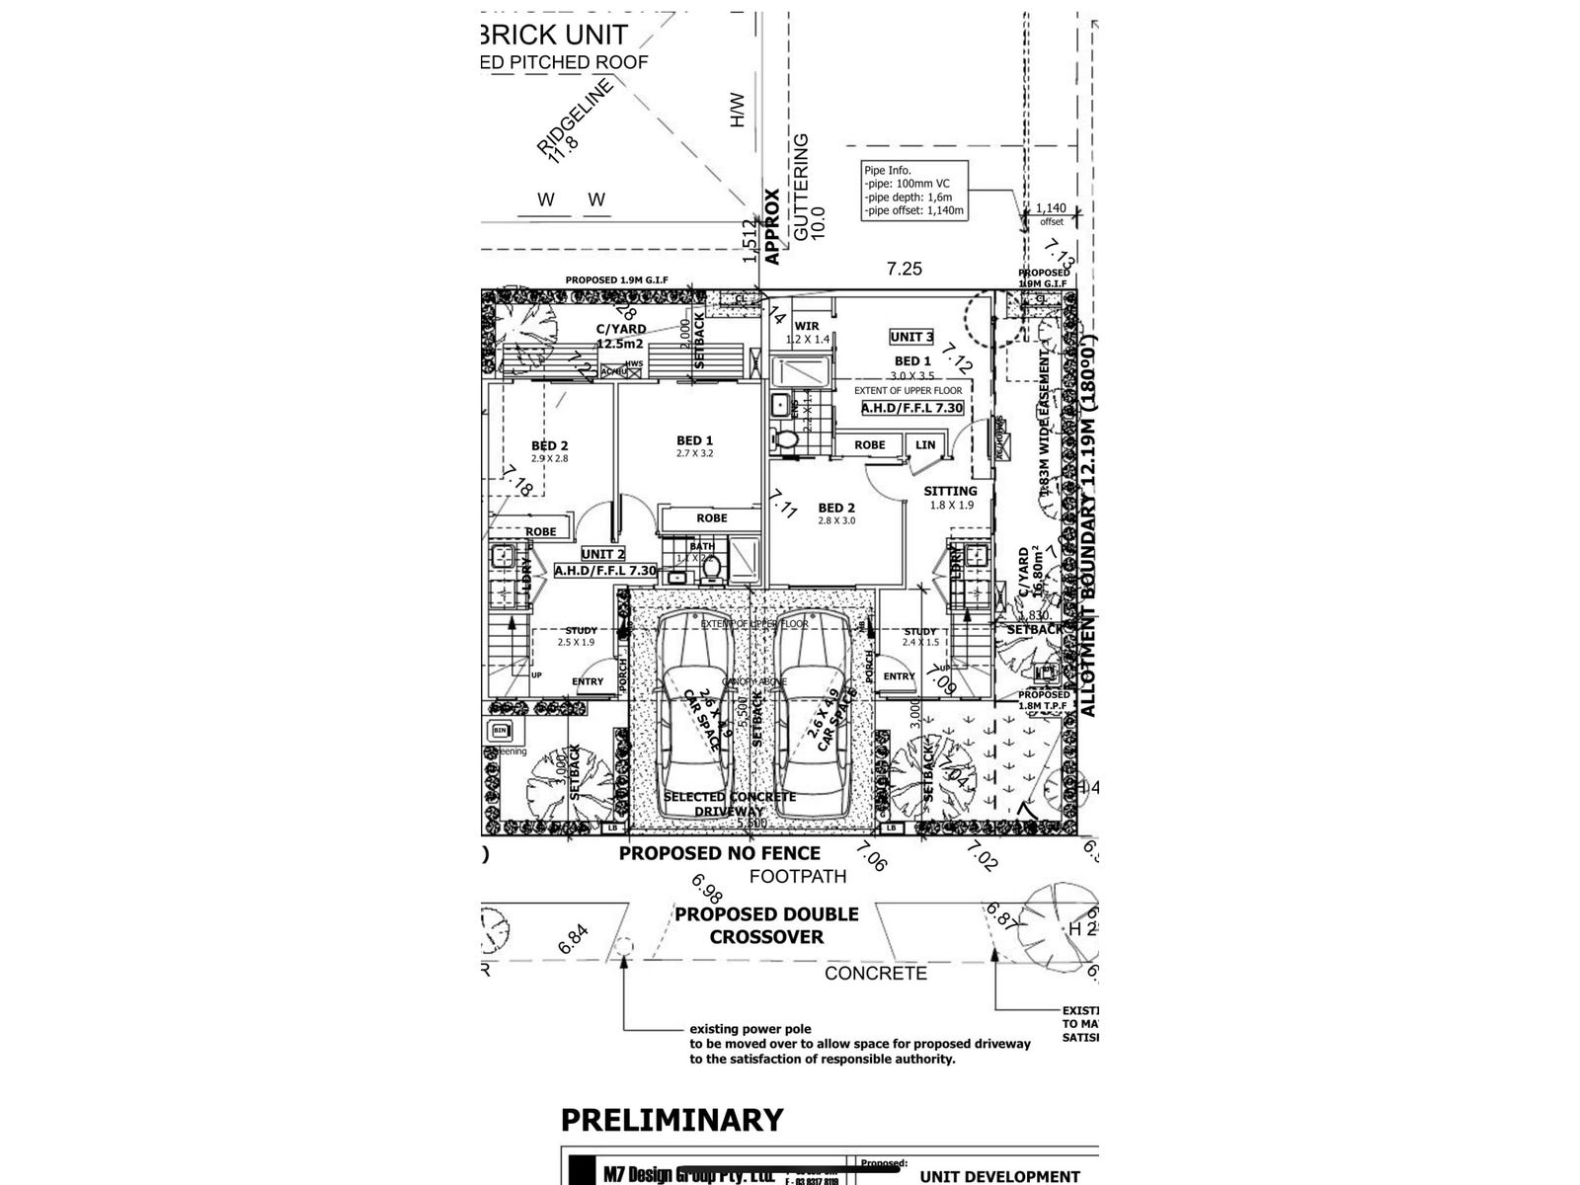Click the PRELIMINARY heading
(x=671, y=1120)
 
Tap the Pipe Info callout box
(x=913, y=190)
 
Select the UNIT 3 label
(x=911, y=337)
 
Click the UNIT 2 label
(x=602, y=555)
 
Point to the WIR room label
(x=807, y=326)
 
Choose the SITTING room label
(x=950, y=491)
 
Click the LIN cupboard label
(x=925, y=445)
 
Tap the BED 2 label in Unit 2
(x=549, y=446)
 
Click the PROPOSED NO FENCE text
(x=719, y=853)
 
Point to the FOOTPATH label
(x=798, y=876)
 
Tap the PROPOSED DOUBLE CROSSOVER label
(x=766, y=925)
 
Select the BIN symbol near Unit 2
(x=498, y=732)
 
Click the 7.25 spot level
(x=905, y=269)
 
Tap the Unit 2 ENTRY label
(x=588, y=681)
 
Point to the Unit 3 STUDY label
(x=919, y=632)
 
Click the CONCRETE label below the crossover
(x=876, y=974)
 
